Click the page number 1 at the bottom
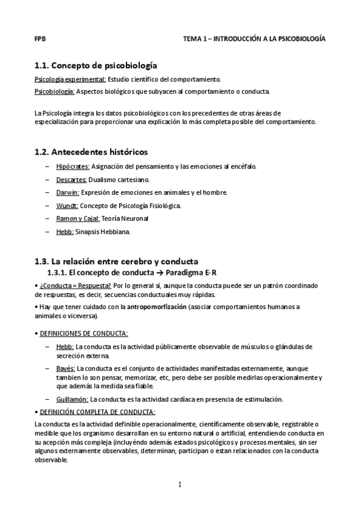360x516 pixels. (180, 484)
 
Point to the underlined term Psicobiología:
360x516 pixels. (55, 91)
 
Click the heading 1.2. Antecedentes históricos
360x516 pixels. (91, 152)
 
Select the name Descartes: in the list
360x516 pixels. (71, 180)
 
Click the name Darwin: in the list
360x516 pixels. (67, 192)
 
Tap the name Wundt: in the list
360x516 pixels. (67, 206)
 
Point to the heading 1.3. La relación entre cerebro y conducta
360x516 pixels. (116, 261)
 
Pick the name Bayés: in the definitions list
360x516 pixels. (65, 368)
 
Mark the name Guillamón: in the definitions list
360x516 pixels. (72, 399)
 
